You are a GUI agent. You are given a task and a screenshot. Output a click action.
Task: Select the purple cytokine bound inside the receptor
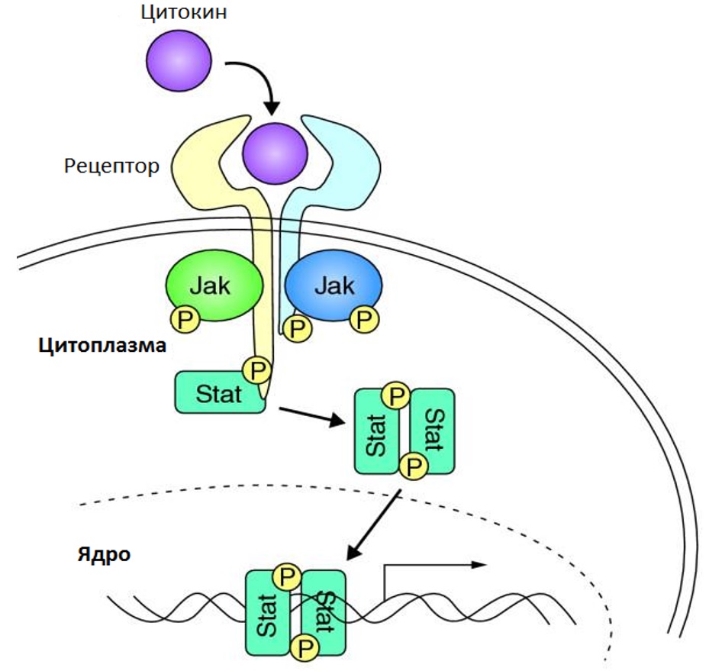point(275,154)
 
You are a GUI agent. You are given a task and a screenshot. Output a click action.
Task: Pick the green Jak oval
point(214,286)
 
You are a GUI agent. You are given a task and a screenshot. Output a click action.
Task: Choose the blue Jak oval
point(334,286)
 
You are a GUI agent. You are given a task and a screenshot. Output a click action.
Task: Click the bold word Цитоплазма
point(102,345)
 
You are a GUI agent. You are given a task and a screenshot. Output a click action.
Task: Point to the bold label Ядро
point(104,553)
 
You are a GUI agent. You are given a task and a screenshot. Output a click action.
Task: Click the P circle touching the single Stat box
point(257,371)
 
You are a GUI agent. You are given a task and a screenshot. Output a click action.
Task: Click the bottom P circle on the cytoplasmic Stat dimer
point(414,464)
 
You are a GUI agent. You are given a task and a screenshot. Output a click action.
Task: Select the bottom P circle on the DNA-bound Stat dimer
point(305,648)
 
